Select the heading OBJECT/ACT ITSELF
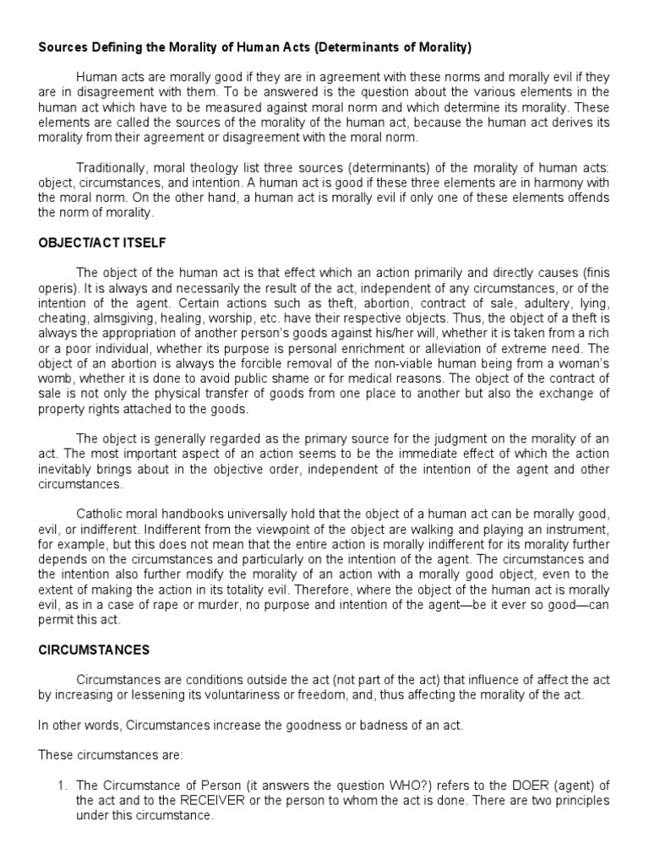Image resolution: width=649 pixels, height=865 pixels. tap(102, 243)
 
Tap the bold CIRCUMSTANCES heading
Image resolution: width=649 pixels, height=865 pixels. tap(94, 650)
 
